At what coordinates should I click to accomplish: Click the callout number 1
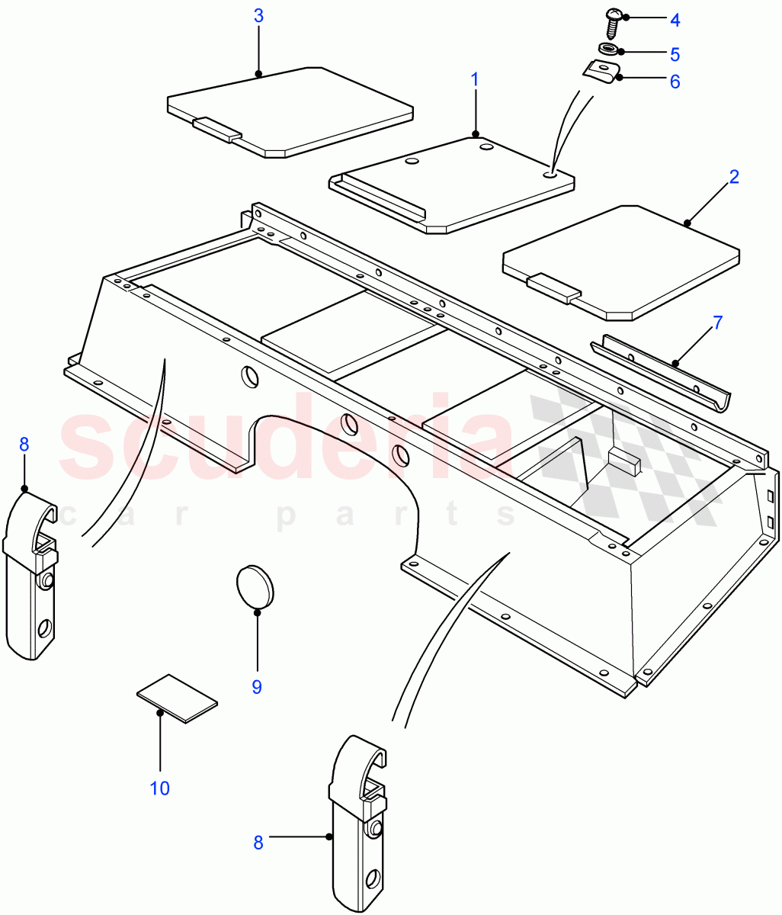pyautogui.click(x=475, y=79)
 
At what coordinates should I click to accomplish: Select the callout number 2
pyautogui.click(x=734, y=177)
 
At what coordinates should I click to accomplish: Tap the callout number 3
pyautogui.click(x=258, y=16)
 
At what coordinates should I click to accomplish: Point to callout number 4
pyautogui.click(x=675, y=20)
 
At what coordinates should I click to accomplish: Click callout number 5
pyautogui.click(x=675, y=55)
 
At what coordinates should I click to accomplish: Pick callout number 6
pyautogui.click(x=675, y=82)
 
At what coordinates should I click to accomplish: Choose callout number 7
pyautogui.click(x=717, y=323)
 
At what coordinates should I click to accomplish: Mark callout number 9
pyautogui.click(x=257, y=687)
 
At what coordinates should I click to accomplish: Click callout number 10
pyautogui.click(x=160, y=788)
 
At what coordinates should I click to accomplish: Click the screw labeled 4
pyautogui.click(x=613, y=21)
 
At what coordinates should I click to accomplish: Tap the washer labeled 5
pyautogui.click(x=609, y=51)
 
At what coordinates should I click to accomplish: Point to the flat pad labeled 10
pyautogui.click(x=177, y=697)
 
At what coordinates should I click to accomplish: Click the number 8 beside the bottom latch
pyautogui.click(x=258, y=843)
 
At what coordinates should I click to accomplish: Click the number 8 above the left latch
pyautogui.click(x=24, y=444)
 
